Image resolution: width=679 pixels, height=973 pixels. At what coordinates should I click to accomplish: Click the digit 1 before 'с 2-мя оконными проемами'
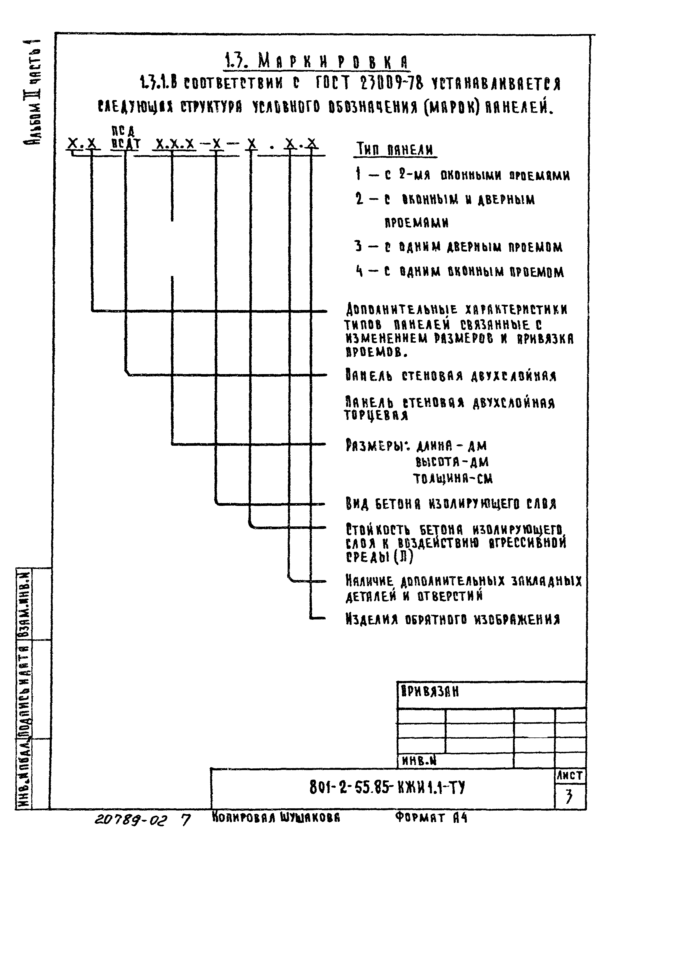click(358, 174)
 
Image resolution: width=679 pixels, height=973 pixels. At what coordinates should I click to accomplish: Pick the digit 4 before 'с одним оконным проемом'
click(360, 271)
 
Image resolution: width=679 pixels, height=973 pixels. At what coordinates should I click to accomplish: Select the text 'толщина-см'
click(452, 478)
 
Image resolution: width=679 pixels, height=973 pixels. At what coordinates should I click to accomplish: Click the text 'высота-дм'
click(452, 461)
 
